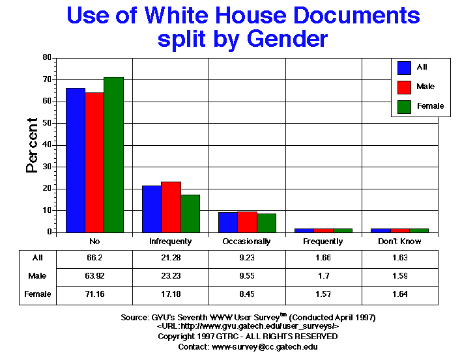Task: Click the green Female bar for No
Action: point(113,154)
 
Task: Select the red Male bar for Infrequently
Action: point(171,206)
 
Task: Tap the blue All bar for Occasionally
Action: point(227,222)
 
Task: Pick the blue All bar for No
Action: point(76,159)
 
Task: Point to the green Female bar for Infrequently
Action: point(190,213)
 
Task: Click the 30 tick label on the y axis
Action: point(47,167)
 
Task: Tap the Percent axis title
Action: point(31,145)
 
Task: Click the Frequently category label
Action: point(324,242)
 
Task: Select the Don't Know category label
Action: point(400,242)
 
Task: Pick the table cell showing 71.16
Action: point(94,294)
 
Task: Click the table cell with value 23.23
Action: point(171,276)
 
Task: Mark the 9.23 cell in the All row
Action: point(247,258)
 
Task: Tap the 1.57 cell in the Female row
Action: point(324,294)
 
